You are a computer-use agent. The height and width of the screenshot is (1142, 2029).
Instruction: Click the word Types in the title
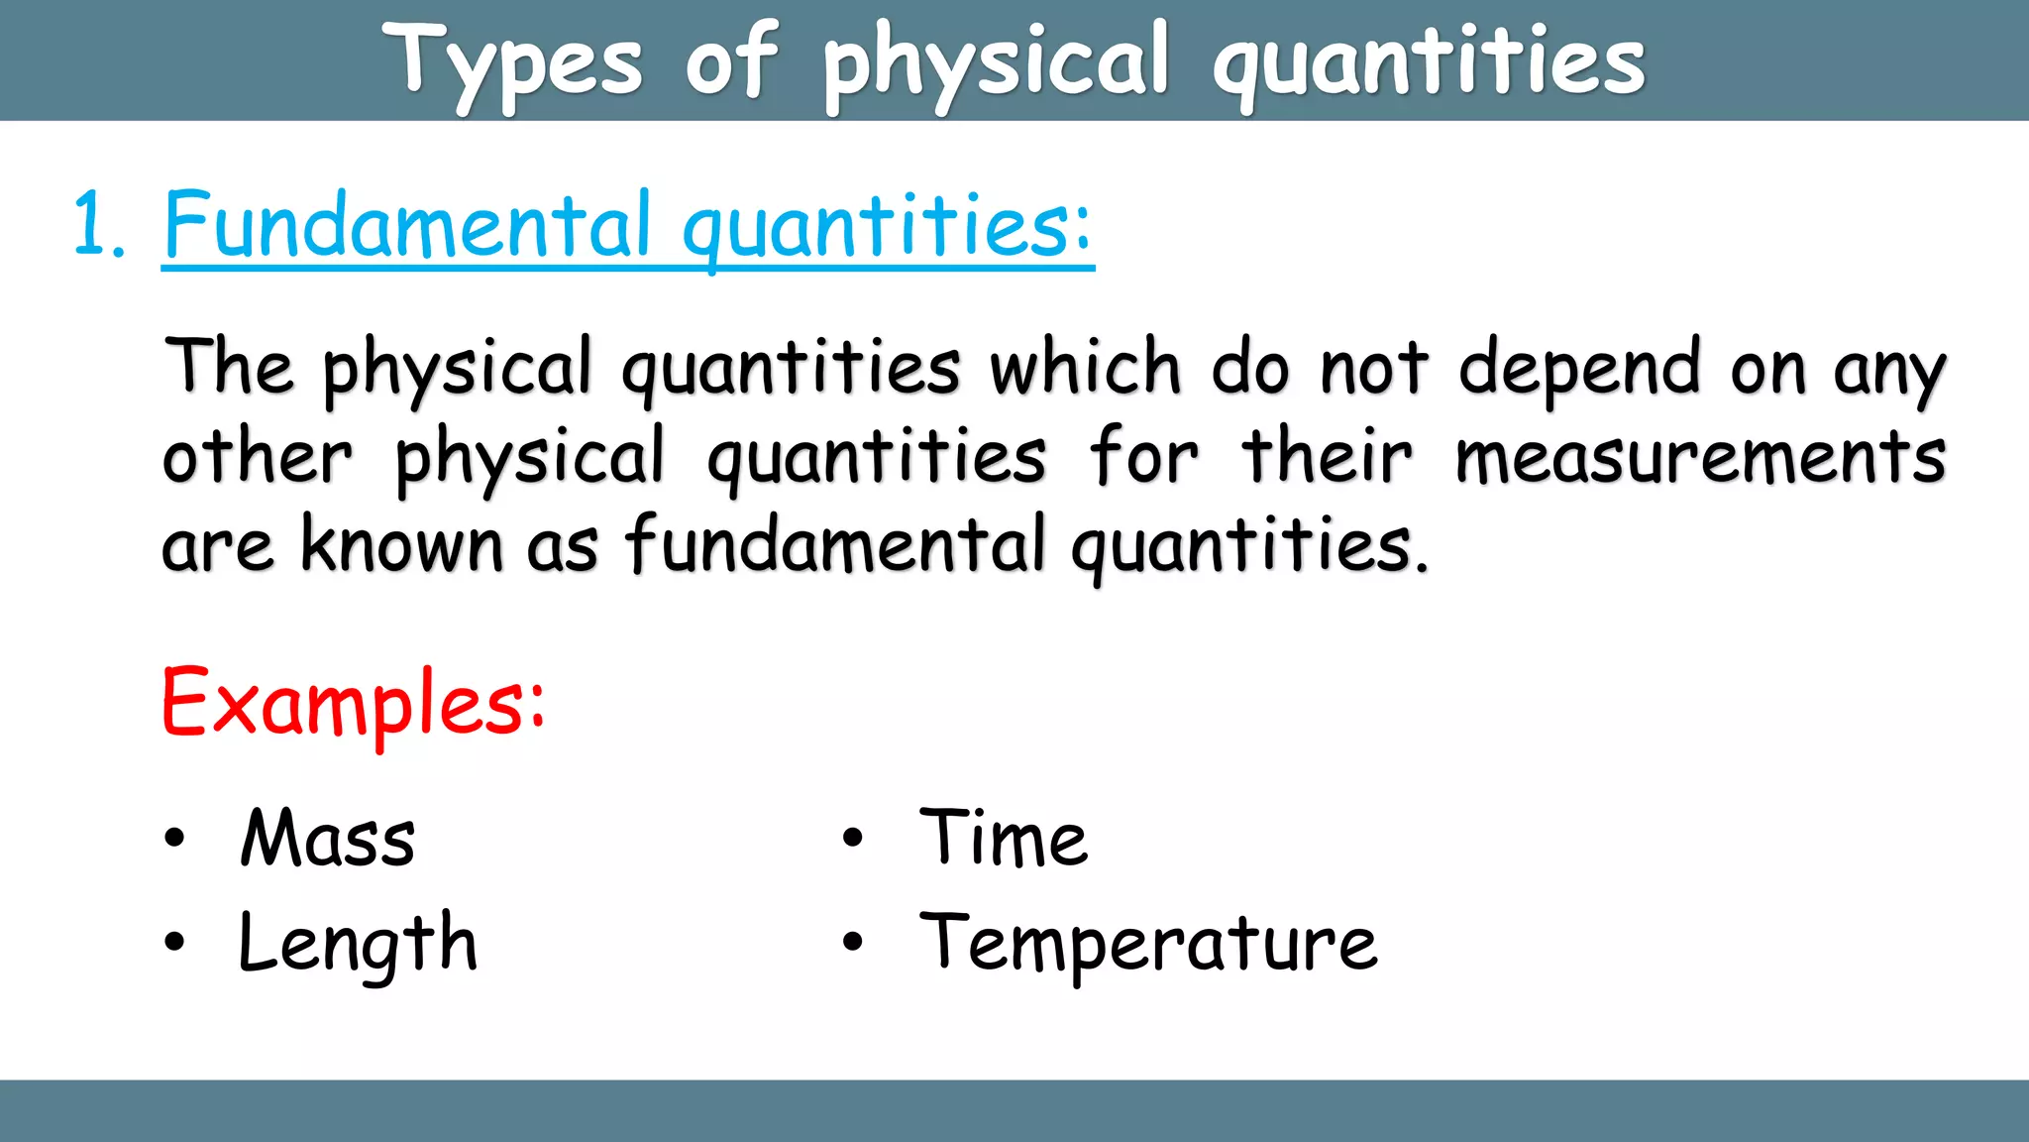tap(512, 62)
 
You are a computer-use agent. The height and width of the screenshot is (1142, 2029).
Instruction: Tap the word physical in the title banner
tap(995, 62)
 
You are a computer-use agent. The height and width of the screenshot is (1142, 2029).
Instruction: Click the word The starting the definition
tap(229, 368)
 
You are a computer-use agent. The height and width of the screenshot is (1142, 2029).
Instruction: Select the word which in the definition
tap(1085, 368)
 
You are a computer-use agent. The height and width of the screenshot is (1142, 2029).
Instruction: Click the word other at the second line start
tap(257, 458)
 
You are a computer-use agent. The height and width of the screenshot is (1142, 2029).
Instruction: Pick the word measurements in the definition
tap(1699, 458)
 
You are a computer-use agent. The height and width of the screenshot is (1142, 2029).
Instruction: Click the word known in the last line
tap(401, 545)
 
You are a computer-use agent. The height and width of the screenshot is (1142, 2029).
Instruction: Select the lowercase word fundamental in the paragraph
tap(835, 545)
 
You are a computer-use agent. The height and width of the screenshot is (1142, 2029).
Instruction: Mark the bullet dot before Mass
tap(174, 839)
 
